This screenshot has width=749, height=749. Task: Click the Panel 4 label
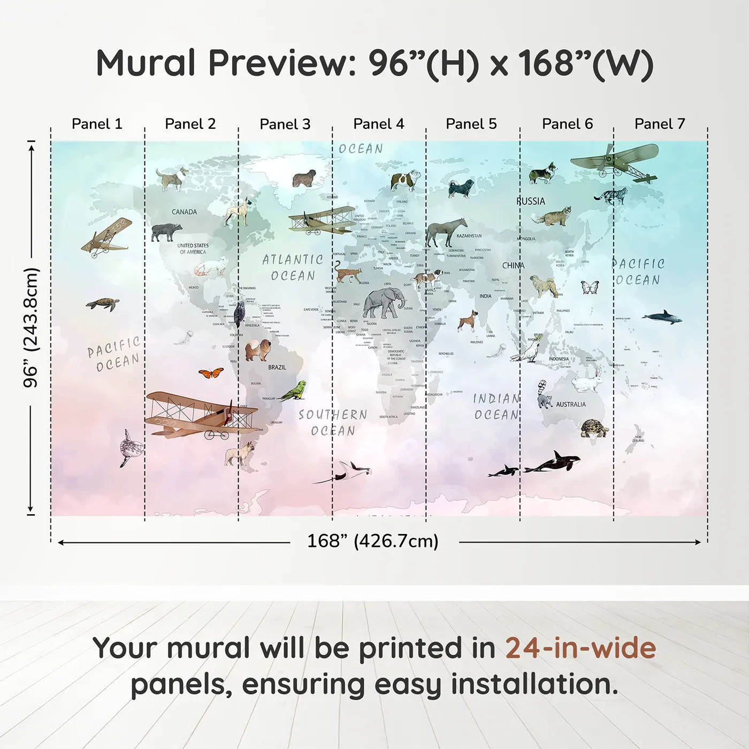[379, 124]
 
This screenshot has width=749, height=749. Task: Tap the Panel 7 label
[660, 124]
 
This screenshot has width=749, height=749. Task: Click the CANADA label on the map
[184, 212]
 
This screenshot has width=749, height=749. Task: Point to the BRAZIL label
[277, 368]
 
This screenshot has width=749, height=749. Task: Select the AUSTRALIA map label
[570, 404]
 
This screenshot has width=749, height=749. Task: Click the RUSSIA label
[531, 201]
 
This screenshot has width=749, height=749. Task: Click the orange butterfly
[211, 373]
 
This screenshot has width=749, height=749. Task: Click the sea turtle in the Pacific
[103, 304]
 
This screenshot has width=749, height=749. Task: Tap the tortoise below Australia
[594, 428]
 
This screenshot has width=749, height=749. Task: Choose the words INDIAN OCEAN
[496, 407]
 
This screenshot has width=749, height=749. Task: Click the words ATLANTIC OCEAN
[293, 267]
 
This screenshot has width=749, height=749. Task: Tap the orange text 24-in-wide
[580, 648]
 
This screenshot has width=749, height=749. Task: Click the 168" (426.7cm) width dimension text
[373, 541]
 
